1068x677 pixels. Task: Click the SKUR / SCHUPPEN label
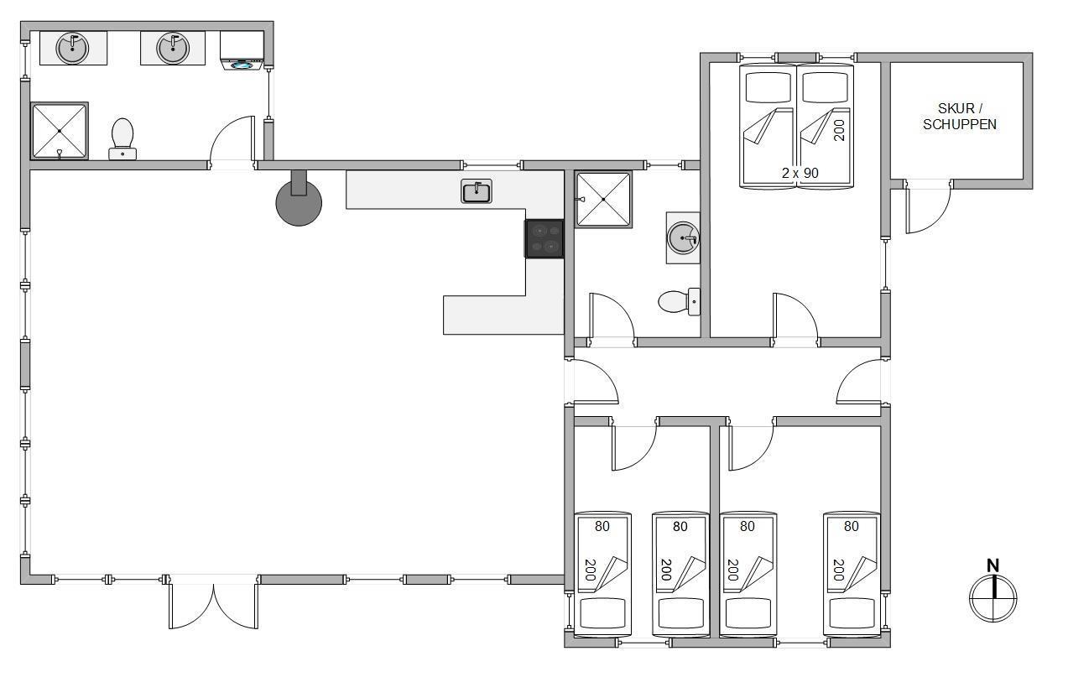(x=959, y=117)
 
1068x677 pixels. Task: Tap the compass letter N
(x=992, y=566)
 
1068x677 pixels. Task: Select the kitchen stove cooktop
(x=544, y=239)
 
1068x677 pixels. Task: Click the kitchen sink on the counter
(x=477, y=191)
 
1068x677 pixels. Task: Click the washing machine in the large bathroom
(x=242, y=51)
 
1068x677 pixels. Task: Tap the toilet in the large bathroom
(x=122, y=138)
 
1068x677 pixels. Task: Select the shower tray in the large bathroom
(x=60, y=131)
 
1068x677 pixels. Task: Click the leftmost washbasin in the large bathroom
(x=72, y=48)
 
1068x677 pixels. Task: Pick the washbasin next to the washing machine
(x=173, y=48)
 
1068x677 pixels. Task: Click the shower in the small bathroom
(x=603, y=200)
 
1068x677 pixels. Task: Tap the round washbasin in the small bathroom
(x=683, y=238)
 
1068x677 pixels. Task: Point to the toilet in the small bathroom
(x=679, y=302)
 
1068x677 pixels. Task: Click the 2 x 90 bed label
(x=800, y=173)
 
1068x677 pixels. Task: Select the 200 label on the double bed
(x=839, y=130)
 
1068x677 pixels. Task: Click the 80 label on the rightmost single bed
(x=851, y=526)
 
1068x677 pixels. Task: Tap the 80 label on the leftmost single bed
(x=602, y=526)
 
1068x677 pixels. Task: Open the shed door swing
(x=928, y=207)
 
